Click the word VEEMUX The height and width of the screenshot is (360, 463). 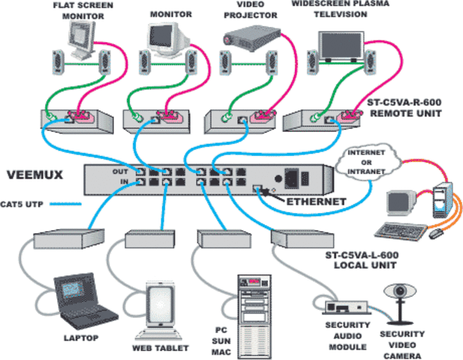[34, 176]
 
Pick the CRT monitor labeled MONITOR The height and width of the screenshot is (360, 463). [164, 36]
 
